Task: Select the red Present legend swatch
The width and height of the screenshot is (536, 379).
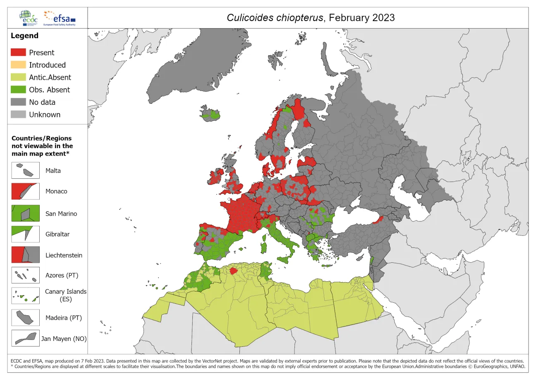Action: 18,53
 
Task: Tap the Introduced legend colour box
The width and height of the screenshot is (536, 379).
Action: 18,65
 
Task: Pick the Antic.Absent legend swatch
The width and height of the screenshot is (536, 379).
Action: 18,77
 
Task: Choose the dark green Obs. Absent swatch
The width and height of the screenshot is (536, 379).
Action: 18,90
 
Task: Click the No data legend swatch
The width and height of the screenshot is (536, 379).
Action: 18,102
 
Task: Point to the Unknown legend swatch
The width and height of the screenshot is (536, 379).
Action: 18,115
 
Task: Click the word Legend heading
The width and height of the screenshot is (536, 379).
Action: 24,36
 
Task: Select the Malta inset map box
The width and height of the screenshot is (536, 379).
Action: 26,170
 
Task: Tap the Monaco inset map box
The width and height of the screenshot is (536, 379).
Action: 26,192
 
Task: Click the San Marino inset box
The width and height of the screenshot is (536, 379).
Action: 26,213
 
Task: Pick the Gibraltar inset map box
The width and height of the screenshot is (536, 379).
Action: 26,234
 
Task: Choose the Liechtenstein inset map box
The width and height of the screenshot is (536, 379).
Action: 26,255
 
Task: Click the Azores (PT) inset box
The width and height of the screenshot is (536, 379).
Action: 26,275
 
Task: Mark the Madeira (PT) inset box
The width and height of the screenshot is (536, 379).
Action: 26,318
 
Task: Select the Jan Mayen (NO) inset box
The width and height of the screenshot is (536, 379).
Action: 26,338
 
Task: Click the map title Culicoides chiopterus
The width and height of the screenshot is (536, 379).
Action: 310,18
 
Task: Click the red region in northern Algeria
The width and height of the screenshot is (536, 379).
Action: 233,271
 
